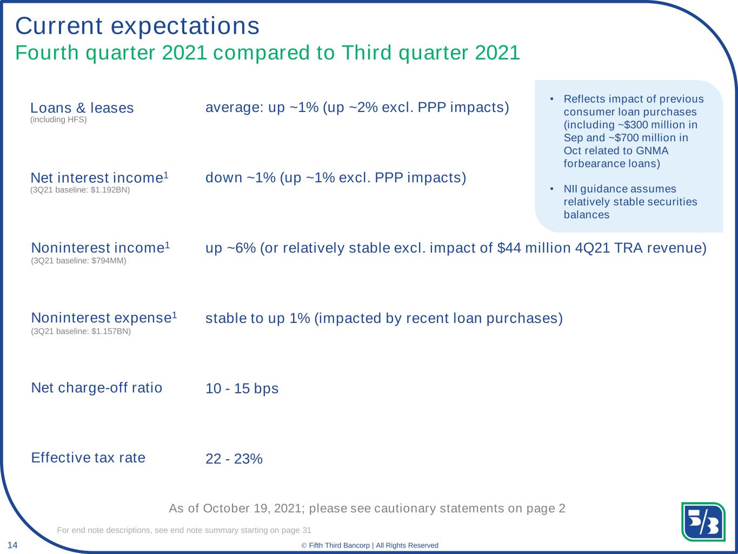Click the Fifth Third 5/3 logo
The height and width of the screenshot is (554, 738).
click(703, 522)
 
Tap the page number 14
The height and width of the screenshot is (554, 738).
click(12, 545)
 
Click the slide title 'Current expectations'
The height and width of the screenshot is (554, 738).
click(137, 26)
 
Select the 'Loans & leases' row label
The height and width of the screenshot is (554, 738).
click(82, 108)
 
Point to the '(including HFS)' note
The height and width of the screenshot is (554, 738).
click(58, 120)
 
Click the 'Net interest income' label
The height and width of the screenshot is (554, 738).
click(97, 178)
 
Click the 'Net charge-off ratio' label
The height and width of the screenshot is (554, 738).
click(97, 387)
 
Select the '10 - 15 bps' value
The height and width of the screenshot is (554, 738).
click(242, 388)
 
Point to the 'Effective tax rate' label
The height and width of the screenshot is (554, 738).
click(88, 458)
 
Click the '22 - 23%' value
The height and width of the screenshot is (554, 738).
click(234, 459)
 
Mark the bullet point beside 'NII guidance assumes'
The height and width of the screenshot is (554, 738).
click(551, 189)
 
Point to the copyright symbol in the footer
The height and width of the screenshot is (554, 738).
click(304, 545)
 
